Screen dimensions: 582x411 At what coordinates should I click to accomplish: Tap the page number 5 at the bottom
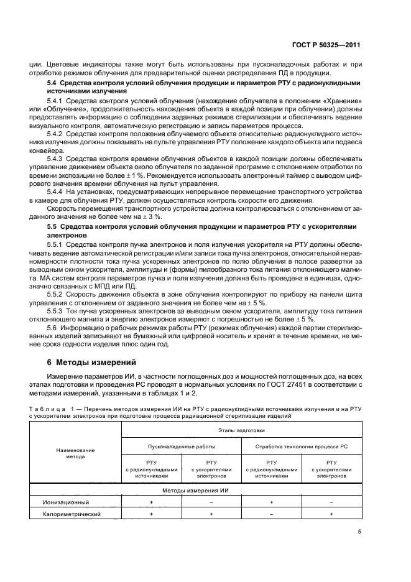359,532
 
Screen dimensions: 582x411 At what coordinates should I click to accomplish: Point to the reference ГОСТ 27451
272,386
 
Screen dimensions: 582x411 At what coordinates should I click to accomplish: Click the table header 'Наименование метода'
75,453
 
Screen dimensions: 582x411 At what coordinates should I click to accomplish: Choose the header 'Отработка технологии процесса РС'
302,446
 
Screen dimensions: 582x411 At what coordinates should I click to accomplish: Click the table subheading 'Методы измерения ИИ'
196,491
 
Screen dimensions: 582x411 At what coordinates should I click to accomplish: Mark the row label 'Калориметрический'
72,514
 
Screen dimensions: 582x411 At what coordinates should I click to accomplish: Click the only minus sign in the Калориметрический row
271,514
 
